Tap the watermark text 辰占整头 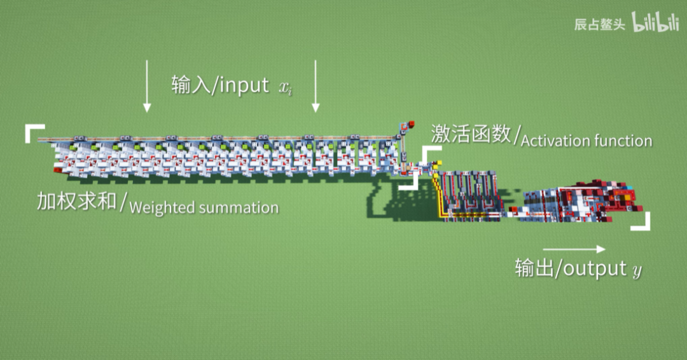coord(599,25)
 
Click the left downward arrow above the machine coord(147,86)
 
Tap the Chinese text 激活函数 coord(471,134)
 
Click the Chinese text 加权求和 coord(76,202)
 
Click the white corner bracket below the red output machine coord(642,223)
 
